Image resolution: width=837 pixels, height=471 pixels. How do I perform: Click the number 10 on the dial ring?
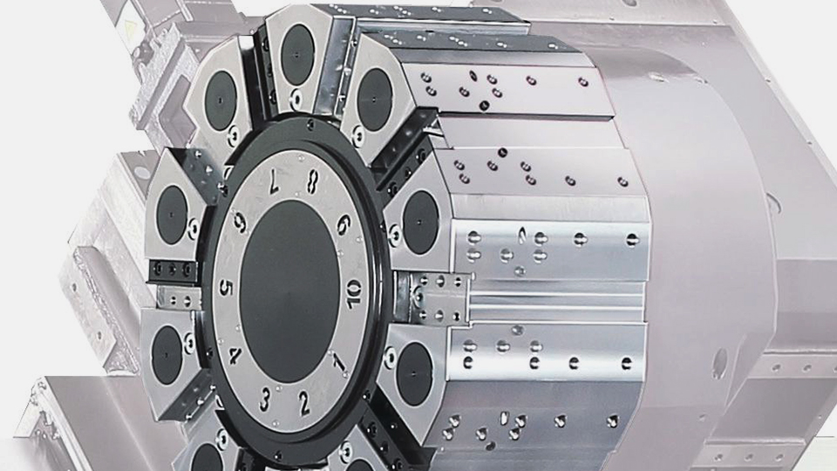[x=353, y=294]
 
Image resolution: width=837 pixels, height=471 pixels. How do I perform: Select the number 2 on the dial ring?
[x=303, y=403]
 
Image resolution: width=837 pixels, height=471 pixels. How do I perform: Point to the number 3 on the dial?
[x=264, y=399]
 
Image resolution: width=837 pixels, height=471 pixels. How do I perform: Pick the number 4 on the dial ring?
[x=235, y=355]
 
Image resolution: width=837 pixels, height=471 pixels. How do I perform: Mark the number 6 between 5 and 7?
[x=241, y=221]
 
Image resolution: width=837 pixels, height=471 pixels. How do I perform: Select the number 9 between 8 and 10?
[x=344, y=224]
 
